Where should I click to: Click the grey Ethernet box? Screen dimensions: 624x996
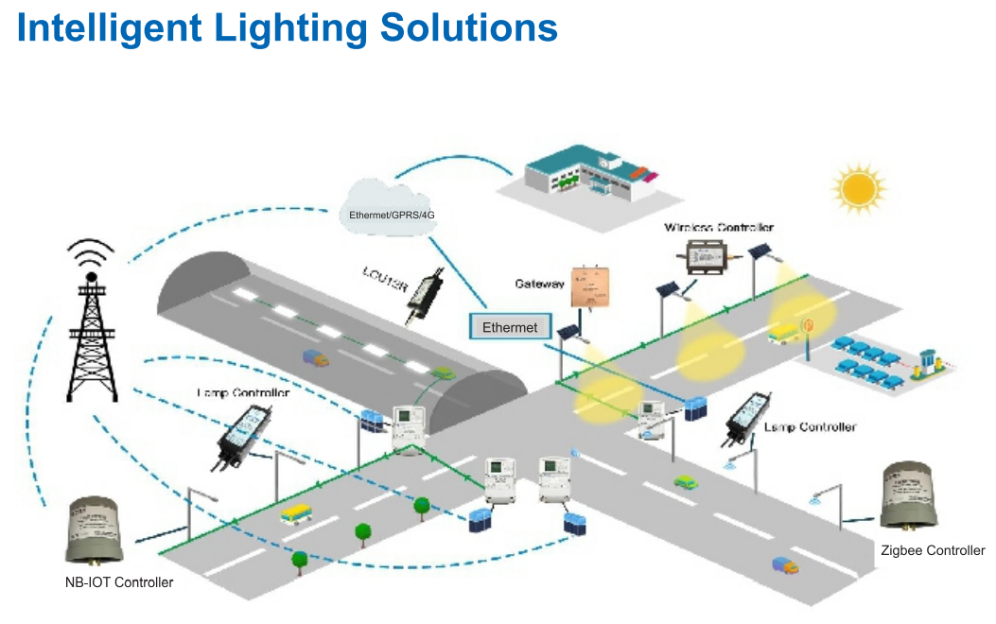(510, 327)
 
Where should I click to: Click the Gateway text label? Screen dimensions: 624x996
(539, 284)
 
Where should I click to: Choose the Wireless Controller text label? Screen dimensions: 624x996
(719, 228)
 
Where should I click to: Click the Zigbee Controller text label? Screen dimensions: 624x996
(933, 550)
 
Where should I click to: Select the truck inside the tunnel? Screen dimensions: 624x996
(316, 357)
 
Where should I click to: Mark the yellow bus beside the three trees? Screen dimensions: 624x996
(297, 513)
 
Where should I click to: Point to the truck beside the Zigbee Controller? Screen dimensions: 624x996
(784, 564)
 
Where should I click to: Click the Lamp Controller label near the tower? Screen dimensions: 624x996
(243, 392)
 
